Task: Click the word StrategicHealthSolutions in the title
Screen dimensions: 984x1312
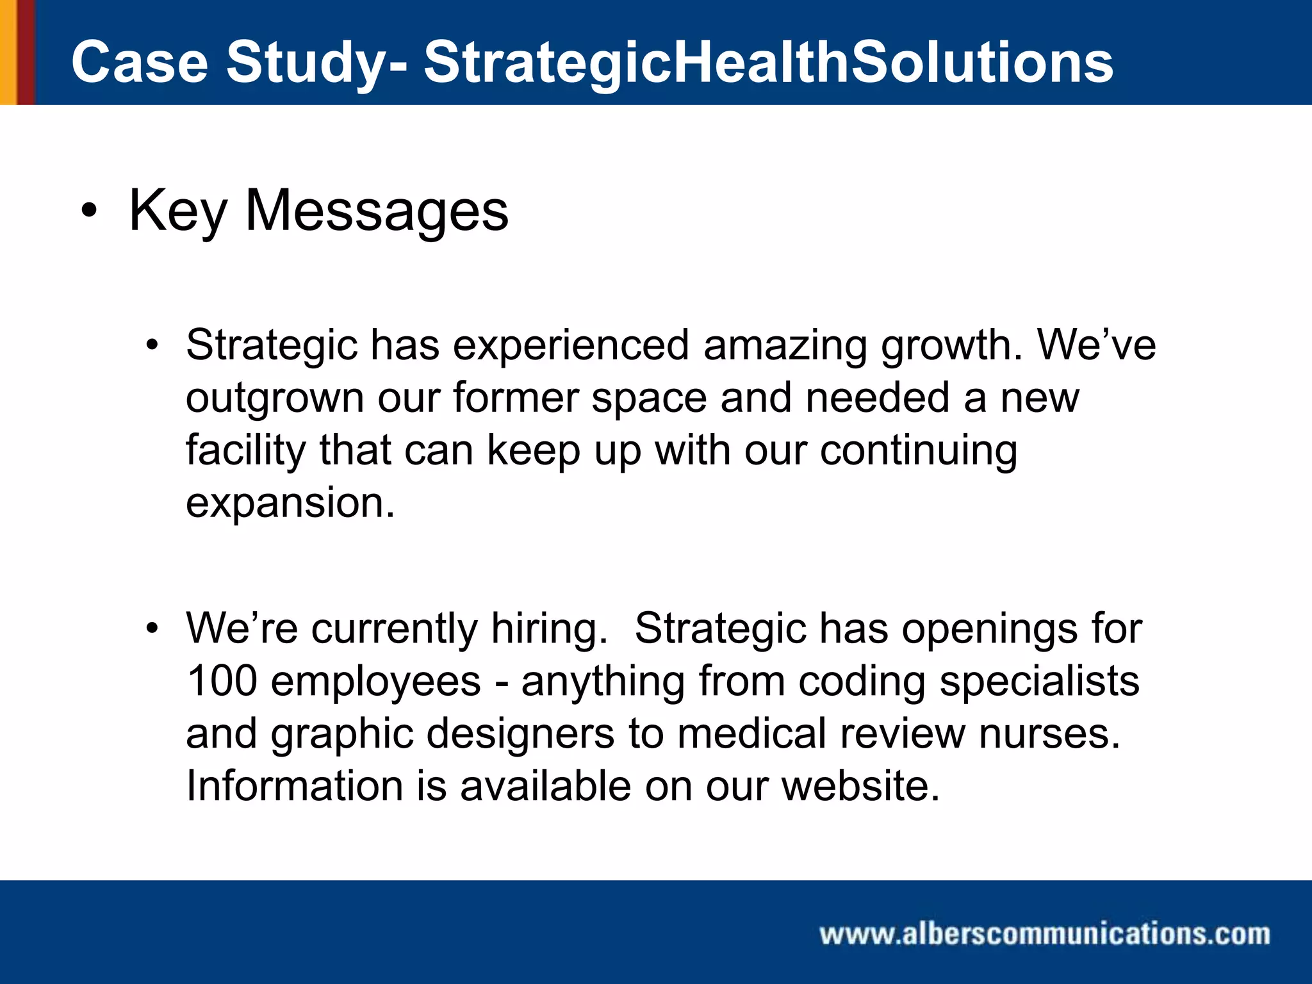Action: (768, 62)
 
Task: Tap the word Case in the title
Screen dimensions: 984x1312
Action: (140, 62)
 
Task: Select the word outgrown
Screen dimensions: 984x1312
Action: (274, 399)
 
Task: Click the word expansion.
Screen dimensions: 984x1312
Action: (290, 504)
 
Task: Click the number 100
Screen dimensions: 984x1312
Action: (221, 681)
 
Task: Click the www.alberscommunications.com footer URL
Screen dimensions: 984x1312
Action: (1044, 934)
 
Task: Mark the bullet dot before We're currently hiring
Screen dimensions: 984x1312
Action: (151, 628)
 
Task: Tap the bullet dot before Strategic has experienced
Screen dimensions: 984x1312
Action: (151, 346)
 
